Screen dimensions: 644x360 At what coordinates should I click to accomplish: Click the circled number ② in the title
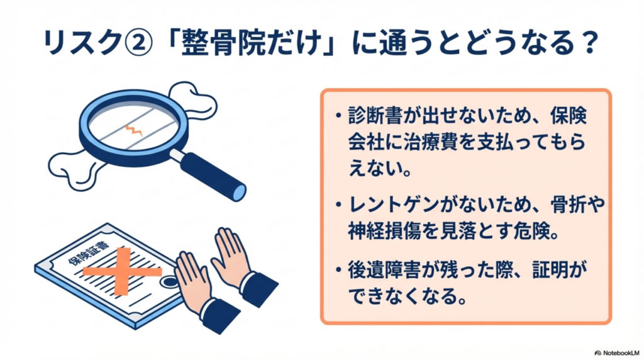point(139,42)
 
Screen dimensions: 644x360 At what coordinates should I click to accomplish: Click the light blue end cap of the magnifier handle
point(238,192)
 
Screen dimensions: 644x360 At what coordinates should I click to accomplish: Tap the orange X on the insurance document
point(122,271)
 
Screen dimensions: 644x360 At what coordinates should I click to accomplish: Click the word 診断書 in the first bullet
point(372,115)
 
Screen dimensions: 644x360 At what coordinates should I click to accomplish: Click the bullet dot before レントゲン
point(338,205)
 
